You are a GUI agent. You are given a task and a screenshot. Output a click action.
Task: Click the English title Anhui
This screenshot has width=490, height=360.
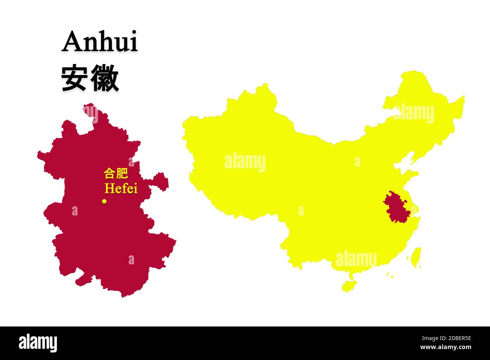[100, 42]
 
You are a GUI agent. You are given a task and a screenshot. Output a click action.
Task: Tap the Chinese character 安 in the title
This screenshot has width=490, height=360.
[74, 78]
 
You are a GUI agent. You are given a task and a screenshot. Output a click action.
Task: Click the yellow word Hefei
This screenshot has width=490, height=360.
[121, 188]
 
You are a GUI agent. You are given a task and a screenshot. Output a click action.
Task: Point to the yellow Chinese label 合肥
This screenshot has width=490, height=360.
[116, 174]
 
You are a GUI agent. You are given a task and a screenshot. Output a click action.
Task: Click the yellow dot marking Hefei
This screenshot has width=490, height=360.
[104, 201]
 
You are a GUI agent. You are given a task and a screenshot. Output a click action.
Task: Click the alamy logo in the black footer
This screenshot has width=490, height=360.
[38, 343]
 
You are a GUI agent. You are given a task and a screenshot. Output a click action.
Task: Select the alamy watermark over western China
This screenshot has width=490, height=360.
[245, 162]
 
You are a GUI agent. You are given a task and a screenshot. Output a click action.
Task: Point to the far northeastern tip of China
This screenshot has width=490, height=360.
[462, 99]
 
